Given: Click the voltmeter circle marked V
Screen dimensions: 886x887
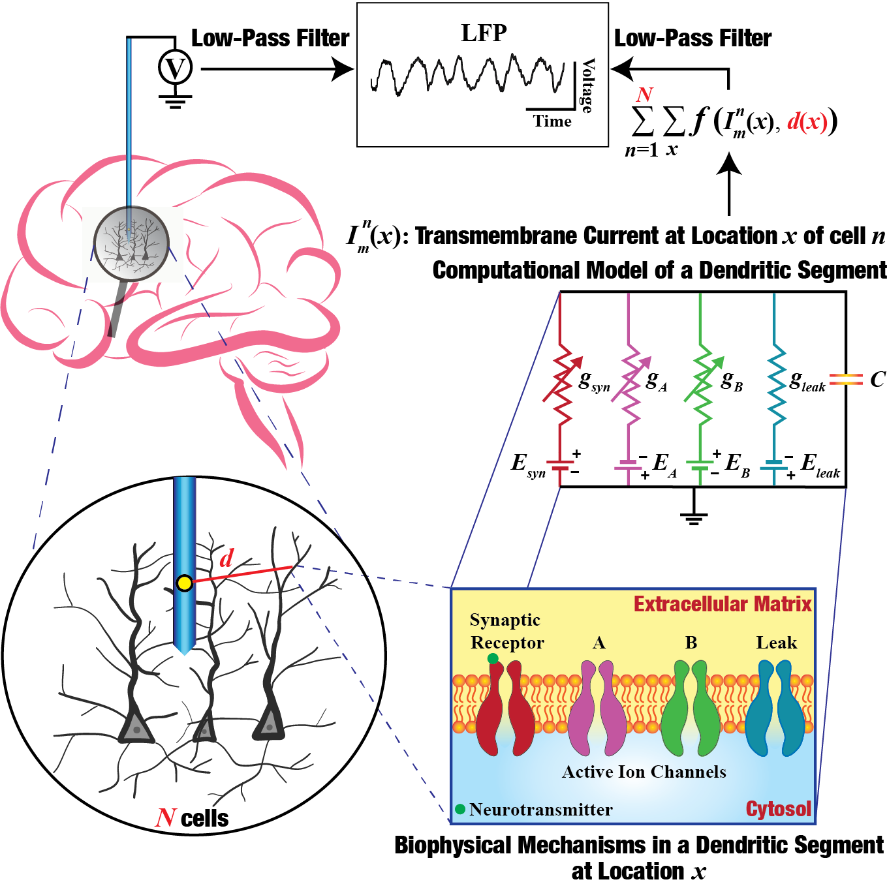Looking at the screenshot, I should [175, 68].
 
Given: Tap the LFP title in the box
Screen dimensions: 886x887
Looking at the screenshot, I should [484, 33].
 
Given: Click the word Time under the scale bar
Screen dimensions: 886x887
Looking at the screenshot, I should [552, 121].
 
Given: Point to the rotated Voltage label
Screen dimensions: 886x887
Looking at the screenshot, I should [587, 85].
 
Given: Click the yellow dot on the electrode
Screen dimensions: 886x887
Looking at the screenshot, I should [185, 583].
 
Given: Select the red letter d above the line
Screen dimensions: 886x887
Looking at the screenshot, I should [226, 558].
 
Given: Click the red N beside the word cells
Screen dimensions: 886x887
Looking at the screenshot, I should [166, 818].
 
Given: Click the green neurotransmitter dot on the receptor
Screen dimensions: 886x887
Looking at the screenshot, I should [493, 658].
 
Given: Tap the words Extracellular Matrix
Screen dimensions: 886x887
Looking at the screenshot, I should [723, 604].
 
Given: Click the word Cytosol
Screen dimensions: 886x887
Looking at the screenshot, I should [778, 809].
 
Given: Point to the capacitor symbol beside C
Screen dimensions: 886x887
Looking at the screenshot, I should [846, 379].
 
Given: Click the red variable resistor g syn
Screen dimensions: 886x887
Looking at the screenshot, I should [560, 382].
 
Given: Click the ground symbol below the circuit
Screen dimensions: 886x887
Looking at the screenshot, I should [693, 515].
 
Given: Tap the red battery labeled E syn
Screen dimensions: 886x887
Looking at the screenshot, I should [560, 465].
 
